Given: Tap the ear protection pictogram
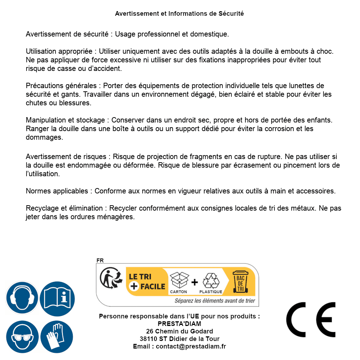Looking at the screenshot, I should (22, 298).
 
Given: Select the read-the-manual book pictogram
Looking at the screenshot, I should (57, 298).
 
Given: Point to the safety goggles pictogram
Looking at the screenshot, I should (22, 337).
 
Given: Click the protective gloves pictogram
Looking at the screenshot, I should (57, 337).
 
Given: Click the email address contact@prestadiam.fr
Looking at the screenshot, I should (191, 346).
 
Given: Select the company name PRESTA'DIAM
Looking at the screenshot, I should (179, 324).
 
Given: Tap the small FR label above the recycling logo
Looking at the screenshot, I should (100, 260).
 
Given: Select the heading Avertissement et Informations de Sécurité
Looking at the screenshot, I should (179, 14).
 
